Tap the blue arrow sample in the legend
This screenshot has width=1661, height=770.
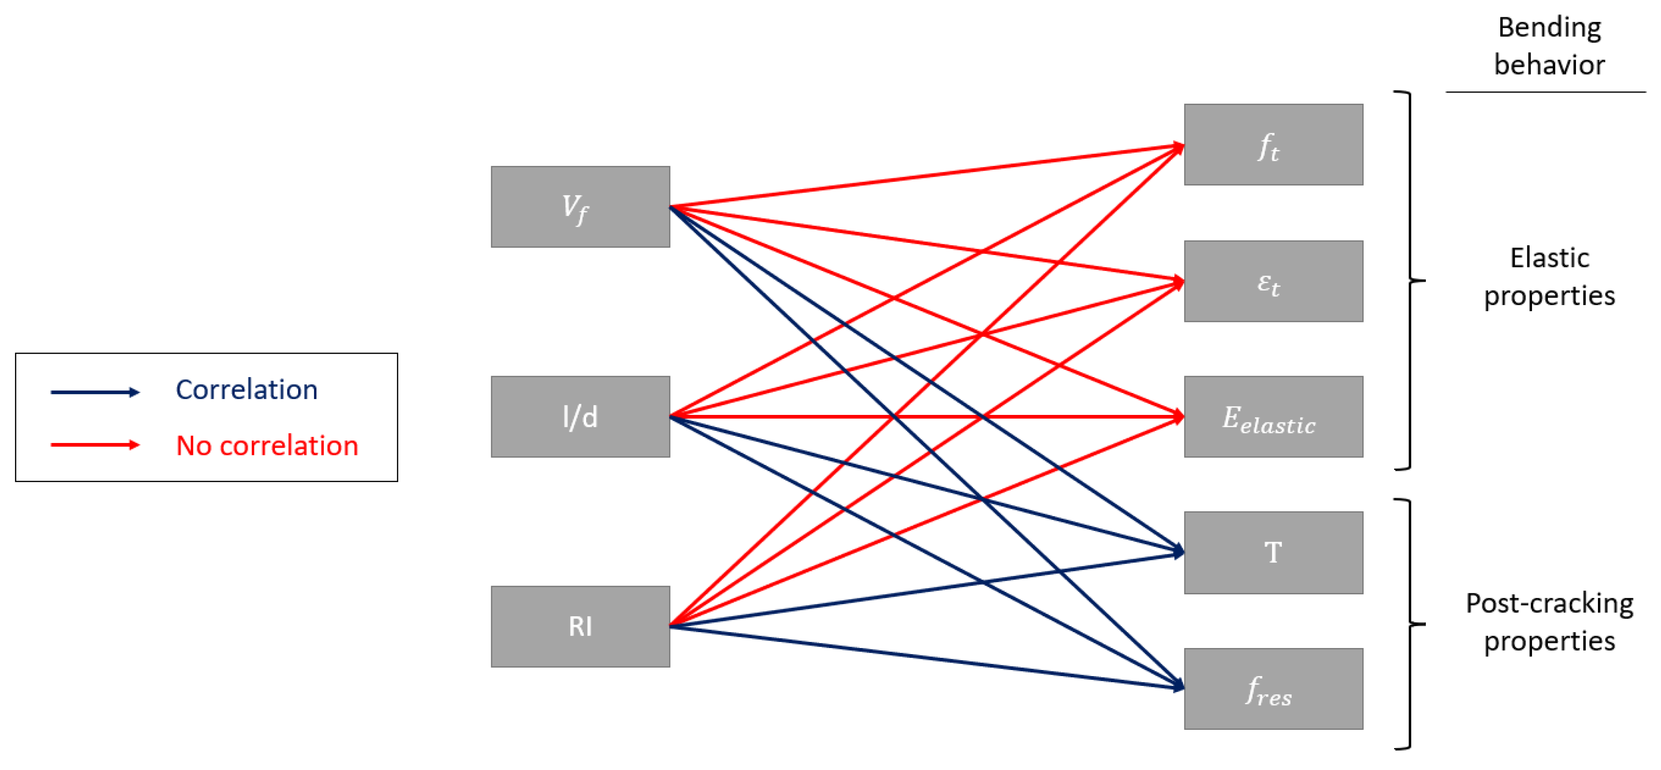[x=95, y=392]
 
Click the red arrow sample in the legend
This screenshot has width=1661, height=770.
[x=95, y=445]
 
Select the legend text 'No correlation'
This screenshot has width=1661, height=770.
[x=267, y=446]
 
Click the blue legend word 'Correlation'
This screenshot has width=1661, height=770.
[x=246, y=390]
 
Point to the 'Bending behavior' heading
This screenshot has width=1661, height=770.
[x=1549, y=46]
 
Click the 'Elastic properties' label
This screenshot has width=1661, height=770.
[x=1549, y=277]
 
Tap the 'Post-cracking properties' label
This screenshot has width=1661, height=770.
[x=1549, y=622]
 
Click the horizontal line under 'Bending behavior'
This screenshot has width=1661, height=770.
[x=1545, y=92]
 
